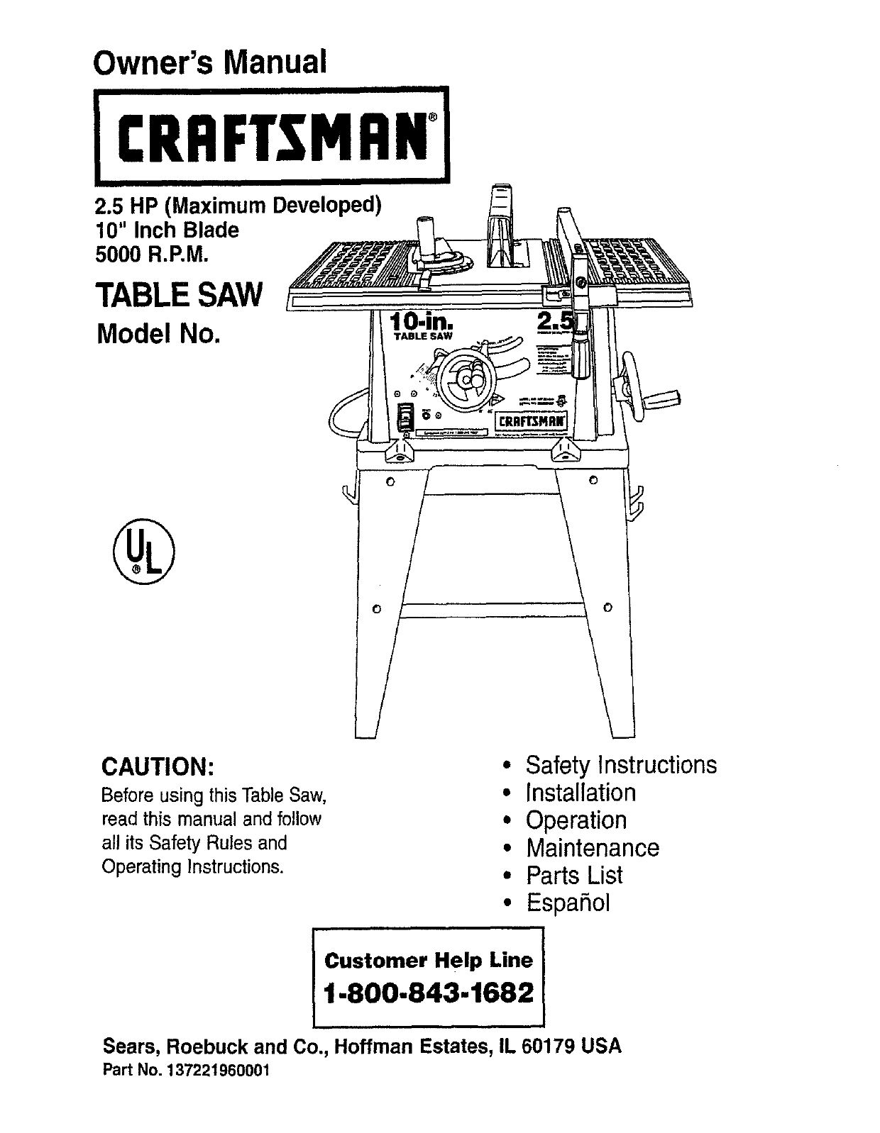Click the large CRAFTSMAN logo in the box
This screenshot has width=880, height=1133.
(x=273, y=135)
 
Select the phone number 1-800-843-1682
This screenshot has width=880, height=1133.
(x=429, y=993)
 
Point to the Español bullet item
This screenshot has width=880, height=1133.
(x=567, y=903)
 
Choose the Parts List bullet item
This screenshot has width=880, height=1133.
(x=573, y=875)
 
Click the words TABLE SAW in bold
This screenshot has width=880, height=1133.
(x=180, y=294)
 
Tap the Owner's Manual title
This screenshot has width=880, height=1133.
(x=209, y=62)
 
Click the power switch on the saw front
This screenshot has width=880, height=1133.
(x=405, y=417)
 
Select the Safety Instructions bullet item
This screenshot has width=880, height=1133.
(x=620, y=765)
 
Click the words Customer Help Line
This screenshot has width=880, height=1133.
(x=428, y=961)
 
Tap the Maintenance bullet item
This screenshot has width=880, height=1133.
(x=592, y=847)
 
